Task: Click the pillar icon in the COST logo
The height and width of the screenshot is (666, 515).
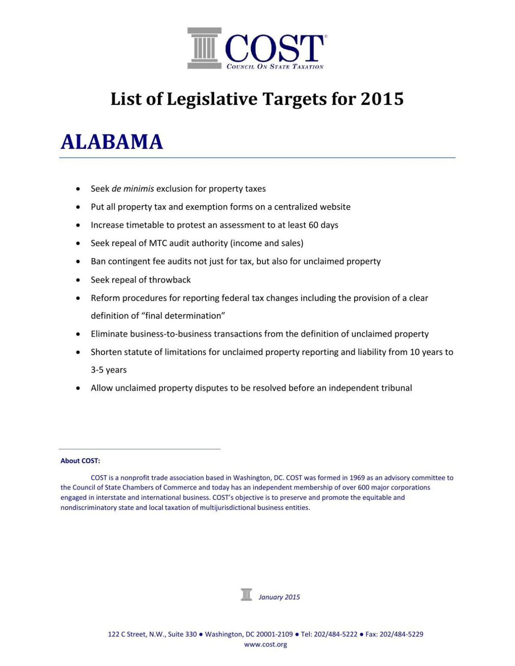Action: pyautogui.click(x=204, y=48)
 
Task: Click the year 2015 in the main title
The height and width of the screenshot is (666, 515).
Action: pyautogui.click(x=382, y=99)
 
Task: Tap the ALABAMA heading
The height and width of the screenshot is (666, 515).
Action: pyautogui.click(x=112, y=142)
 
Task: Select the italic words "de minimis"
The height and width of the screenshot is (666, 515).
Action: pyautogui.click(x=133, y=189)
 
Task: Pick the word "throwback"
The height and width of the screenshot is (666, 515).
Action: pyautogui.click(x=170, y=280)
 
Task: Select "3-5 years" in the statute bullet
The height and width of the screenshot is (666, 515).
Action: pyautogui.click(x=109, y=370)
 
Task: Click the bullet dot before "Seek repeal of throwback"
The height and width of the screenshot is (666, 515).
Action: pyautogui.click(x=78, y=280)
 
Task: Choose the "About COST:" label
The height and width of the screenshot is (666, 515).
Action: pyautogui.click(x=80, y=461)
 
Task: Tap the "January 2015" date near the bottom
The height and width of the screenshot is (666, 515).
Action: pyautogui.click(x=279, y=597)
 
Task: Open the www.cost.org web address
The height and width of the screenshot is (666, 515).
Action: pyautogui.click(x=265, y=644)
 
